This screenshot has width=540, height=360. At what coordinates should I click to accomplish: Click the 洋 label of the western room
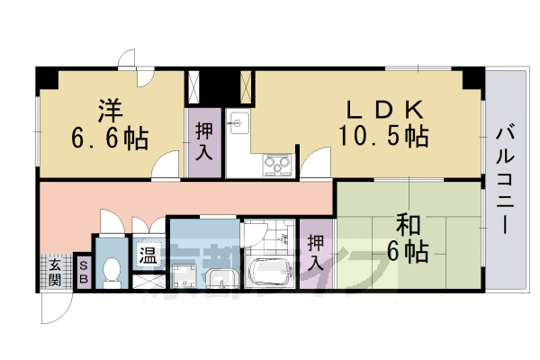click(111, 111)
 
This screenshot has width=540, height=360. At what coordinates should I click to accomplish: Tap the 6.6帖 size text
click(111, 139)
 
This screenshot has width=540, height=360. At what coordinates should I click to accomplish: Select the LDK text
click(385, 109)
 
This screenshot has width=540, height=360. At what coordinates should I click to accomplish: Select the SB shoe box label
click(83, 273)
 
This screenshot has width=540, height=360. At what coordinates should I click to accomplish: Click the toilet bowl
click(112, 271)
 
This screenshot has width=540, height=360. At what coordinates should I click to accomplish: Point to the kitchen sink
click(238, 121)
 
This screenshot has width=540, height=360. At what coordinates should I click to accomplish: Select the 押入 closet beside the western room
click(204, 140)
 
